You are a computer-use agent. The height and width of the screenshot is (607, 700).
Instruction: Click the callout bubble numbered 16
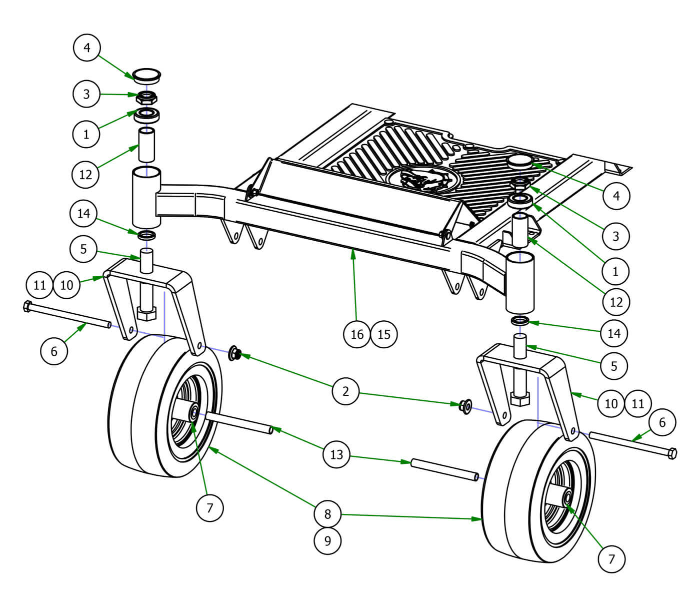click(357, 334)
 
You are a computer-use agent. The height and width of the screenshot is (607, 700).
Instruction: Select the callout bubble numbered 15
click(384, 334)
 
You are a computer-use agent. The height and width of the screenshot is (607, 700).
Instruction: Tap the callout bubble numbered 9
click(327, 540)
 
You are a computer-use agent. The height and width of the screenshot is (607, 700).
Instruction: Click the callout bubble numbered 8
click(327, 513)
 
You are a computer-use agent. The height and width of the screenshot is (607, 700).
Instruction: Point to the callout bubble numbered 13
click(336, 454)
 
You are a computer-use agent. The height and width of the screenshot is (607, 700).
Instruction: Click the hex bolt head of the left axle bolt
click(27, 306)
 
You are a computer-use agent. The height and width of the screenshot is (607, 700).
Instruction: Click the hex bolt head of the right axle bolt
click(672, 453)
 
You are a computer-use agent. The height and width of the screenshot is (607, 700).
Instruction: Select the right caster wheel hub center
click(568, 498)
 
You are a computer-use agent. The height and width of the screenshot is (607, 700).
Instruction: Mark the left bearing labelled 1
click(147, 115)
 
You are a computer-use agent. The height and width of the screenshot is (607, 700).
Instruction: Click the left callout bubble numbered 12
click(85, 174)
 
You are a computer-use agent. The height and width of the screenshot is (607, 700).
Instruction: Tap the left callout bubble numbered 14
click(83, 213)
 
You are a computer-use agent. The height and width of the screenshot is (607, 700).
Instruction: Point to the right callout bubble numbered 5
click(614, 366)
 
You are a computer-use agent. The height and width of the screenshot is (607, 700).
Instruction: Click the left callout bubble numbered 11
click(39, 285)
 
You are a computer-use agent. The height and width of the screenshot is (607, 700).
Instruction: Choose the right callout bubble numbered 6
click(662, 422)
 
